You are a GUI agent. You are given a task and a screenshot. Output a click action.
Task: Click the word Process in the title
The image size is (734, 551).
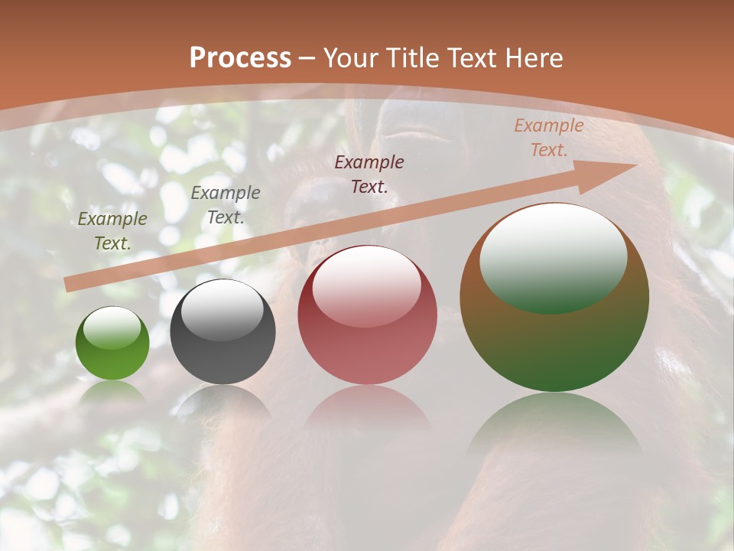[x=240, y=58]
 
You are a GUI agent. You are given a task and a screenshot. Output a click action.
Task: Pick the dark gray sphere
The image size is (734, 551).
[x=222, y=344]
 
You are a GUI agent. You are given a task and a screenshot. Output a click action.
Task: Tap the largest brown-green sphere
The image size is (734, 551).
[x=554, y=337]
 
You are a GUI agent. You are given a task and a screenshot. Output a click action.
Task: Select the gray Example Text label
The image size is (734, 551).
[x=226, y=205]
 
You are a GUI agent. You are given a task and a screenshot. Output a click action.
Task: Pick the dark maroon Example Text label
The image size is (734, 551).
[x=369, y=174]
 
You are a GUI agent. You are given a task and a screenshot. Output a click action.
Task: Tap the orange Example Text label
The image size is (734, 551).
[x=548, y=138]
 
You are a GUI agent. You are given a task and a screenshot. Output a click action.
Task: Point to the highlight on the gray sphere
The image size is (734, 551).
[x=222, y=309]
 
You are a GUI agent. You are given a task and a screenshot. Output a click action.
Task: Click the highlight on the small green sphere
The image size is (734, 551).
[x=112, y=328]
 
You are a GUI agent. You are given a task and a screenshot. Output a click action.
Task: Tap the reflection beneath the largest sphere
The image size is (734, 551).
[x=554, y=429]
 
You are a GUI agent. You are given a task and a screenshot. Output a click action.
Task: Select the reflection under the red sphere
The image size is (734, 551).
[x=367, y=409]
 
